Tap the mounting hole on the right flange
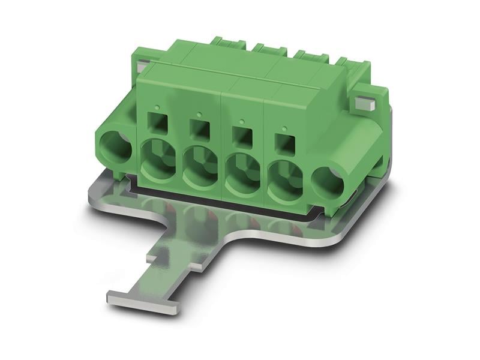point(328,182)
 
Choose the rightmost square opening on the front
point(284,142)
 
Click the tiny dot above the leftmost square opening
point(157,108)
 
